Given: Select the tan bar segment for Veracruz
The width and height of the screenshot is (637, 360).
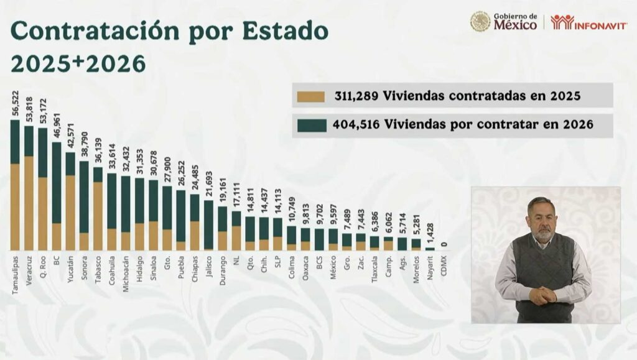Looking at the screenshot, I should [29, 203].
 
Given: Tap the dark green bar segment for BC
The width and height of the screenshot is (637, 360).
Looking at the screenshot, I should [56, 182].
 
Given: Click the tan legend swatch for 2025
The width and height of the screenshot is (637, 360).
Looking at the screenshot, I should [311, 96].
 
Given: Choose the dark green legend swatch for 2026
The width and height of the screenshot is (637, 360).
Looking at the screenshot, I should [311, 125].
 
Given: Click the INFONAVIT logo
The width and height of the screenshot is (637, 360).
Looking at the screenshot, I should [588, 22].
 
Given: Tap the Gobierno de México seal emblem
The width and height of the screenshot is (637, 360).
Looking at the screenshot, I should [480, 22].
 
